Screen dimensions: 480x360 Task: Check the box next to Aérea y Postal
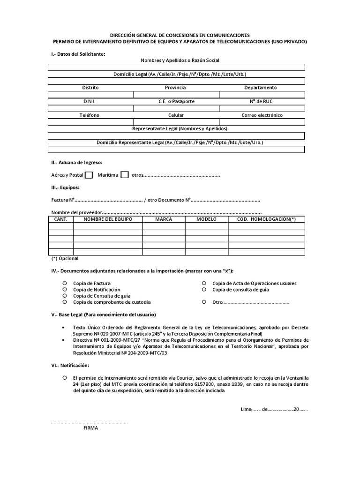[89, 175]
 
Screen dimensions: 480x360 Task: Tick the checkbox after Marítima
[125, 175]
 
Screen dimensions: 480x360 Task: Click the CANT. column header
[61, 219]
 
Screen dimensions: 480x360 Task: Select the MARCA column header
[164, 219]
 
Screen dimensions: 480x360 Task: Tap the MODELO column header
[206, 219]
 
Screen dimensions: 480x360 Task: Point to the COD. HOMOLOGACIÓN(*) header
[266, 219]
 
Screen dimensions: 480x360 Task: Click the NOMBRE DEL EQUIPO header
[108, 219]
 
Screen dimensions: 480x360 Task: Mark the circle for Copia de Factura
[65, 283]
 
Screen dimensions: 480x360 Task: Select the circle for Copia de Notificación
[65, 290]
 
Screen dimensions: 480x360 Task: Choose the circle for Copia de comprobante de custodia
[65, 302]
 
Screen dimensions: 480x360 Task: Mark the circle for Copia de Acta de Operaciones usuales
[204, 283]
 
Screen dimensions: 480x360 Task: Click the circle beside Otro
[204, 302]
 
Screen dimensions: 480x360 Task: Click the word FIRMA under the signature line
[90, 428]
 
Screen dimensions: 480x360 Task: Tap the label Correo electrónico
[262, 115]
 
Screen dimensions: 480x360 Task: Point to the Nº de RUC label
[262, 101]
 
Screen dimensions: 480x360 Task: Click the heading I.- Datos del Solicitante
[78, 54]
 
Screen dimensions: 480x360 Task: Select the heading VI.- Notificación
[70, 365]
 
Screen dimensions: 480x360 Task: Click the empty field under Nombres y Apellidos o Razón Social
[176, 67]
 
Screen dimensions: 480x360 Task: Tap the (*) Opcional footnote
[65, 258]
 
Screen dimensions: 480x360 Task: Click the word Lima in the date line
[246, 409]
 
